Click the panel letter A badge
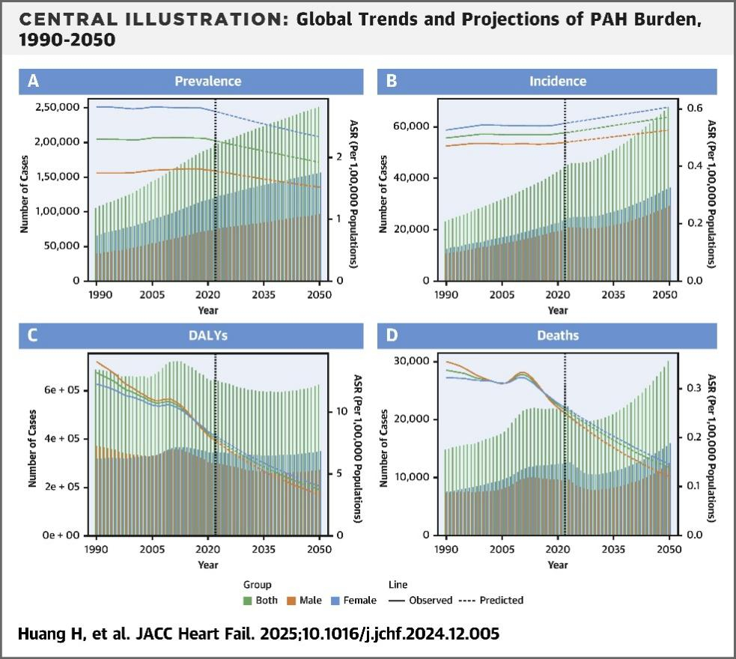[34, 81]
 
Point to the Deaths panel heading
[558, 335]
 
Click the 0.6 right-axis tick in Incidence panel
[694, 109]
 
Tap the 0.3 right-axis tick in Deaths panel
[694, 388]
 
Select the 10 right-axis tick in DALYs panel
[342, 412]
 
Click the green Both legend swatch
[248, 601]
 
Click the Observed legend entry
[431, 601]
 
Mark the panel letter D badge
[391, 335]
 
